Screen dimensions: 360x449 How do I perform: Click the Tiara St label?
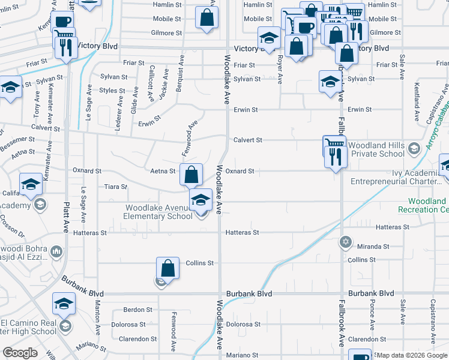coord(116,187)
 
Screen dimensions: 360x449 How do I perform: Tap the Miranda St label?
coord(373,247)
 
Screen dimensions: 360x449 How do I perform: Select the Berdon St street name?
coord(138,310)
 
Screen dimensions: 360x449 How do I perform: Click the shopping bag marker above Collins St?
coord(168,268)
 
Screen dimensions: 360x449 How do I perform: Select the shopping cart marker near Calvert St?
coord(334,145)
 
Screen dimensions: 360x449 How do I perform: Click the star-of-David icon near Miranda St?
coord(345,242)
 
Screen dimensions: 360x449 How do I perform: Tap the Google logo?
coord(20,353)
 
